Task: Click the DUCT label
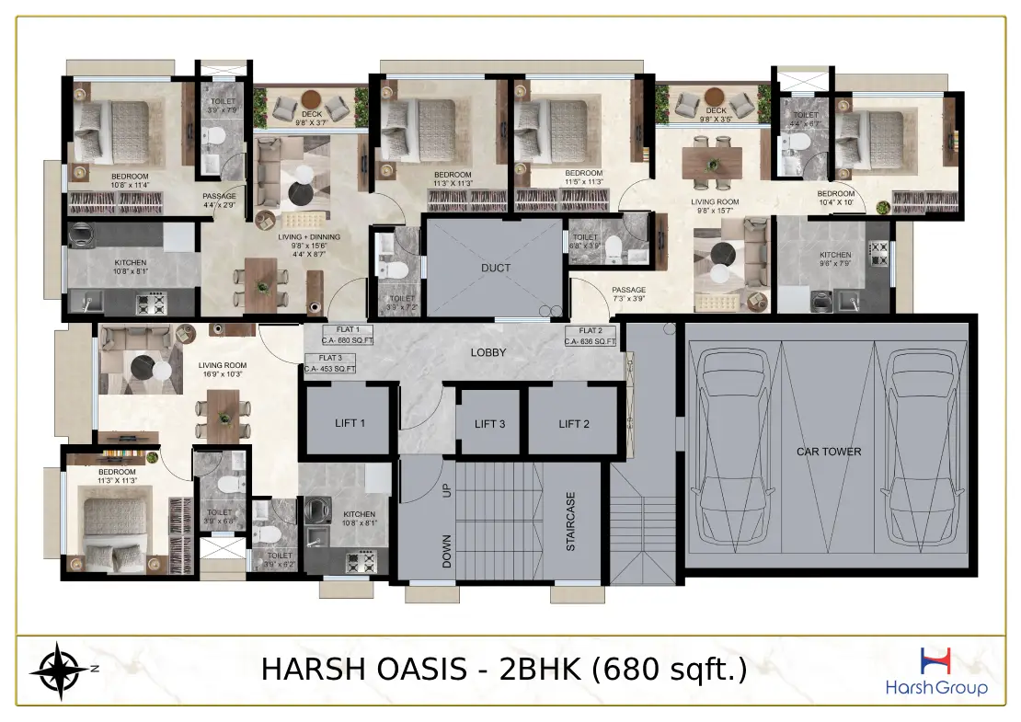[495, 269]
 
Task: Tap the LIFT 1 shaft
[350, 423]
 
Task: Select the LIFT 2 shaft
[573, 423]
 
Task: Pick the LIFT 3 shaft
[490, 424]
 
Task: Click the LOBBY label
[488, 352]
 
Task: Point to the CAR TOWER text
[828, 452]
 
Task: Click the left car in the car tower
[733, 448]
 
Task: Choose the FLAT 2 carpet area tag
[591, 337]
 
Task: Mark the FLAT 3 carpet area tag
[330, 363]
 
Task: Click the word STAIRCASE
[570, 521]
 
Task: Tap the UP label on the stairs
[448, 491]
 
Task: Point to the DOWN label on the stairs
[448, 551]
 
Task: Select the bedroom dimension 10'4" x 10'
[836, 202]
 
